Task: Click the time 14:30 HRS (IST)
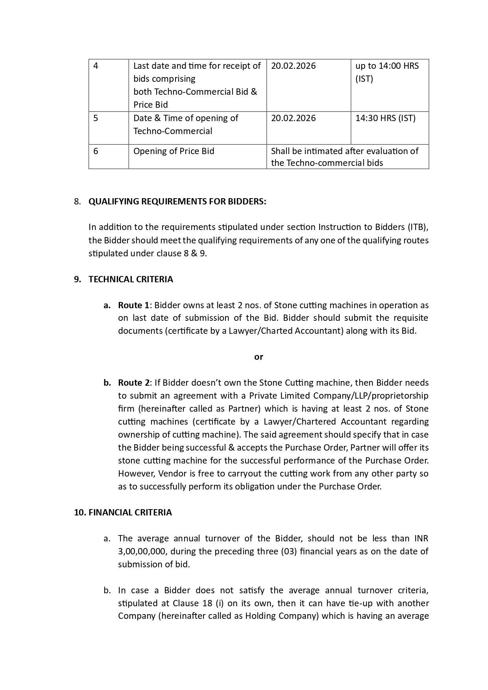(385, 118)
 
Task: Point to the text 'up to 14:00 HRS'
(387, 66)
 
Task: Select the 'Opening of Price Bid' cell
(174, 151)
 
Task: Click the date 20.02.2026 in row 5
(293, 118)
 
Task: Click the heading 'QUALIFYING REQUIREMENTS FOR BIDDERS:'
(177, 201)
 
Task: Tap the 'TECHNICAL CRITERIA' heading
(131, 279)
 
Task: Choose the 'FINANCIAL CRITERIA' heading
(130, 512)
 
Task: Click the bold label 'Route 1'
(134, 305)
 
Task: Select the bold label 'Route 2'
(134, 383)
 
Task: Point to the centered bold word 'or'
(259, 357)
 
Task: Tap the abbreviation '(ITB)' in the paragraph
(418, 227)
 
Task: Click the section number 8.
(77, 201)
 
